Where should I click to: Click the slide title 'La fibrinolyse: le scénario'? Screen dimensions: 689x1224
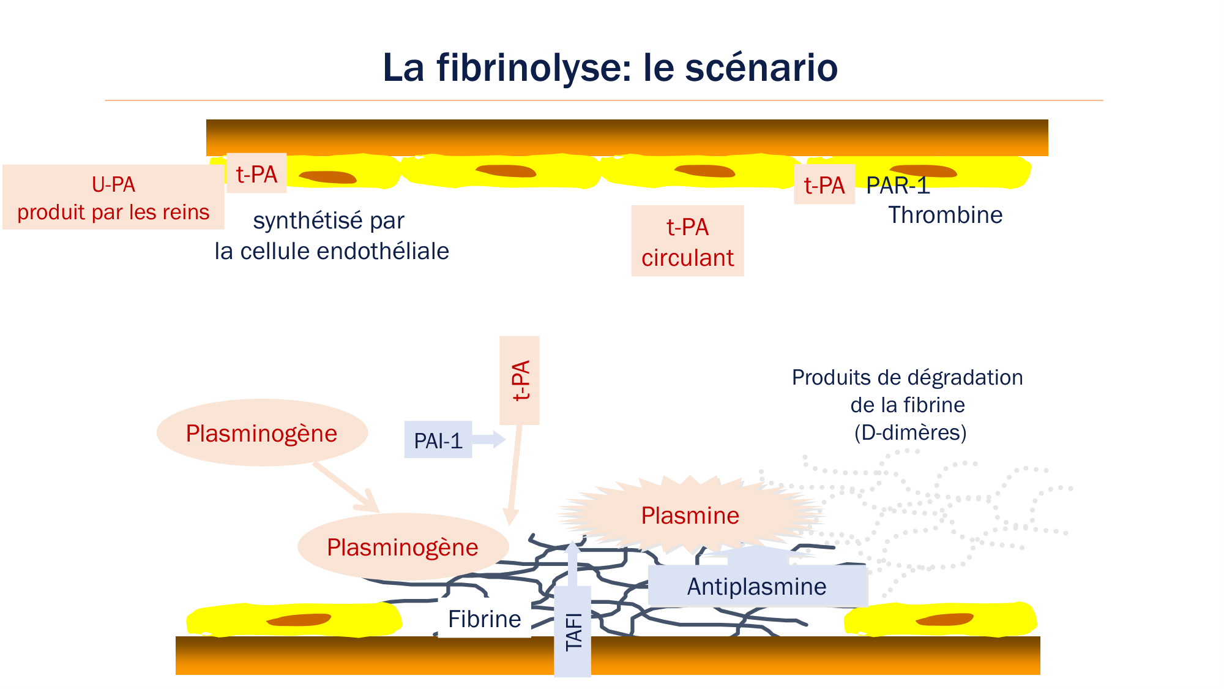coord(610,67)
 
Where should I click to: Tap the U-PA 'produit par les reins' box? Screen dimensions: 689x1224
coord(113,197)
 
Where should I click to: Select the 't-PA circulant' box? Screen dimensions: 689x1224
coord(687,241)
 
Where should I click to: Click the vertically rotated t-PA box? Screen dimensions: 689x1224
coord(520,380)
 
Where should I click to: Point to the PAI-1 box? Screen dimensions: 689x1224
coord(438,440)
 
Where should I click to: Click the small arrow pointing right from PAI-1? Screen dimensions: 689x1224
coord(490,439)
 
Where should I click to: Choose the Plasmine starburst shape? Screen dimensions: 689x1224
coord(690,515)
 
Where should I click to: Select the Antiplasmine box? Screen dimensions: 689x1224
coord(757,586)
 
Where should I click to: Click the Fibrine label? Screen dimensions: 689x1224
coord(484,619)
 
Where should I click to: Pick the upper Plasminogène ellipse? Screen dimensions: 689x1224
coord(262,433)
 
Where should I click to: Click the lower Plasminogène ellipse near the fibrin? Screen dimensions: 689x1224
coord(403,547)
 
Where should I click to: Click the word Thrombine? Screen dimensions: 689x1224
coord(945,215)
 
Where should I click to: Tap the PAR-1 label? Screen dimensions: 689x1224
coord(898,186)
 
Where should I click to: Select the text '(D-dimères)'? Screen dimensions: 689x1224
coord(910,432)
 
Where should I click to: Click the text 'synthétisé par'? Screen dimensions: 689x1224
coord(329,220)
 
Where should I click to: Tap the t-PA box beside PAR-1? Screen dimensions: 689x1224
coord(824,184)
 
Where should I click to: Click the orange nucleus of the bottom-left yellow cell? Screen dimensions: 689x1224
coord(299,620)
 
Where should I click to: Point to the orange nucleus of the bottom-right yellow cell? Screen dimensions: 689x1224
coord(944,619)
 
